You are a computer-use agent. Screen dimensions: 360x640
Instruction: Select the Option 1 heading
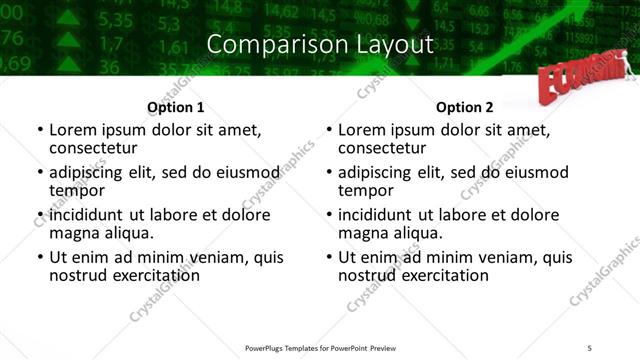pyautogui.click(x=175, y=108)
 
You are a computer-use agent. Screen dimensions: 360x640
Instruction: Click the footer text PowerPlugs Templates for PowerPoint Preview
pyautogui.click(x=319, y=348)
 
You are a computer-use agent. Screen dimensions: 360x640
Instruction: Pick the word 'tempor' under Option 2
pyautogui.click(x=366, y=191)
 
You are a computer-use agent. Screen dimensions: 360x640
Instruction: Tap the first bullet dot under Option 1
pyautogui.click(x=39, y=131)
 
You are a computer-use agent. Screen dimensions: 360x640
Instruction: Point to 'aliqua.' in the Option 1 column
pyautogui.click(x=126, y=233)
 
